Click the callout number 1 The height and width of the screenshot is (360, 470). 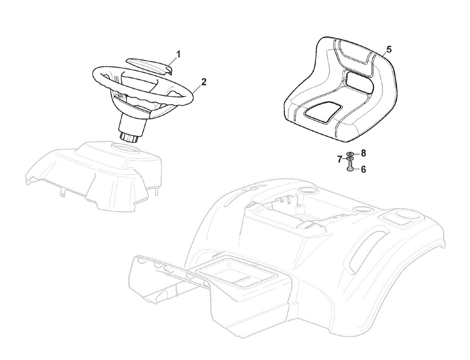click(178, 54)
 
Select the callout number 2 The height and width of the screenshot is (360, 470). click(204, 82)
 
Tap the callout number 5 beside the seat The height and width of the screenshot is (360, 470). click(389, 49)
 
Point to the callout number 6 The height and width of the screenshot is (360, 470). click(363, 170)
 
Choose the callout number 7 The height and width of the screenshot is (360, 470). click(340, 159)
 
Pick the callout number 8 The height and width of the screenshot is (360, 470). click(363, 154)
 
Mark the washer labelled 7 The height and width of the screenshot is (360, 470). click(350, 158)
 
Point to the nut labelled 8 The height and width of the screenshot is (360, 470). click(350, 154)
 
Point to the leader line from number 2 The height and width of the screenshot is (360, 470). click(196, 89)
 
